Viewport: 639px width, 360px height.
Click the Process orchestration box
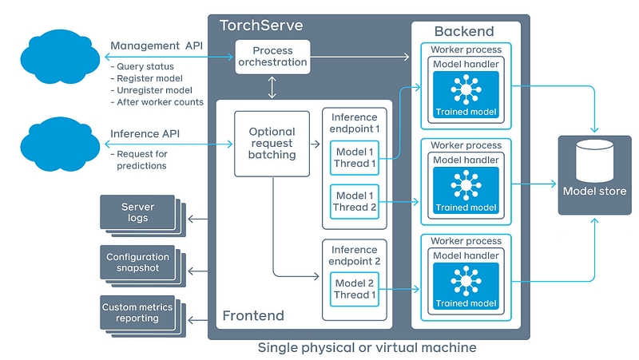[272, 57]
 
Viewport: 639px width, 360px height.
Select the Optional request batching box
[272, 144]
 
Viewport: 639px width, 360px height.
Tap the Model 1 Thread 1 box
[355, 158]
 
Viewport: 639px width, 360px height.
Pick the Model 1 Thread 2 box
[355, 202]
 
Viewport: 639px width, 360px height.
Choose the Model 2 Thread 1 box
[355, 289]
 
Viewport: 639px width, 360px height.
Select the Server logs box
[137, 212]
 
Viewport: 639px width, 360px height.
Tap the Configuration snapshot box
[138, 263]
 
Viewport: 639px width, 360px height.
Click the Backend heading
[463, 32]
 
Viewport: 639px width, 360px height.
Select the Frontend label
[252, 316]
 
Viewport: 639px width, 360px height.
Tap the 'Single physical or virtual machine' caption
[367, 348]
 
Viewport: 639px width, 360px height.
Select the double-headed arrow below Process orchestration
[272, 87]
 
